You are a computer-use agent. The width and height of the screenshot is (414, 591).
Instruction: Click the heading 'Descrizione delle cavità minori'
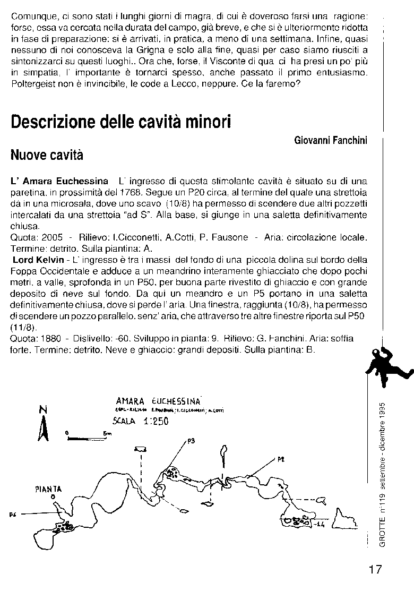click(121, 122)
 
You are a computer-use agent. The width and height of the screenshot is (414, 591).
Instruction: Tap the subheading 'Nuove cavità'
click(47, 156)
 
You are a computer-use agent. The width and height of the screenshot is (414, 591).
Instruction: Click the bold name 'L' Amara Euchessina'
click(60, 181)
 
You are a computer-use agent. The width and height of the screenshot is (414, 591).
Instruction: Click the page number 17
click(375, 569)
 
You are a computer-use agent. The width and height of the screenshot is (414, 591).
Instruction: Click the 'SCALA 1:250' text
click(141, 422)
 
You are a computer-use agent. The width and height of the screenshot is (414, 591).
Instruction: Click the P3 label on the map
click(192, 440)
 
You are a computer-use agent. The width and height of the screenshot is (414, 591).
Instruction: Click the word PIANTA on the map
click(49, 489)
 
